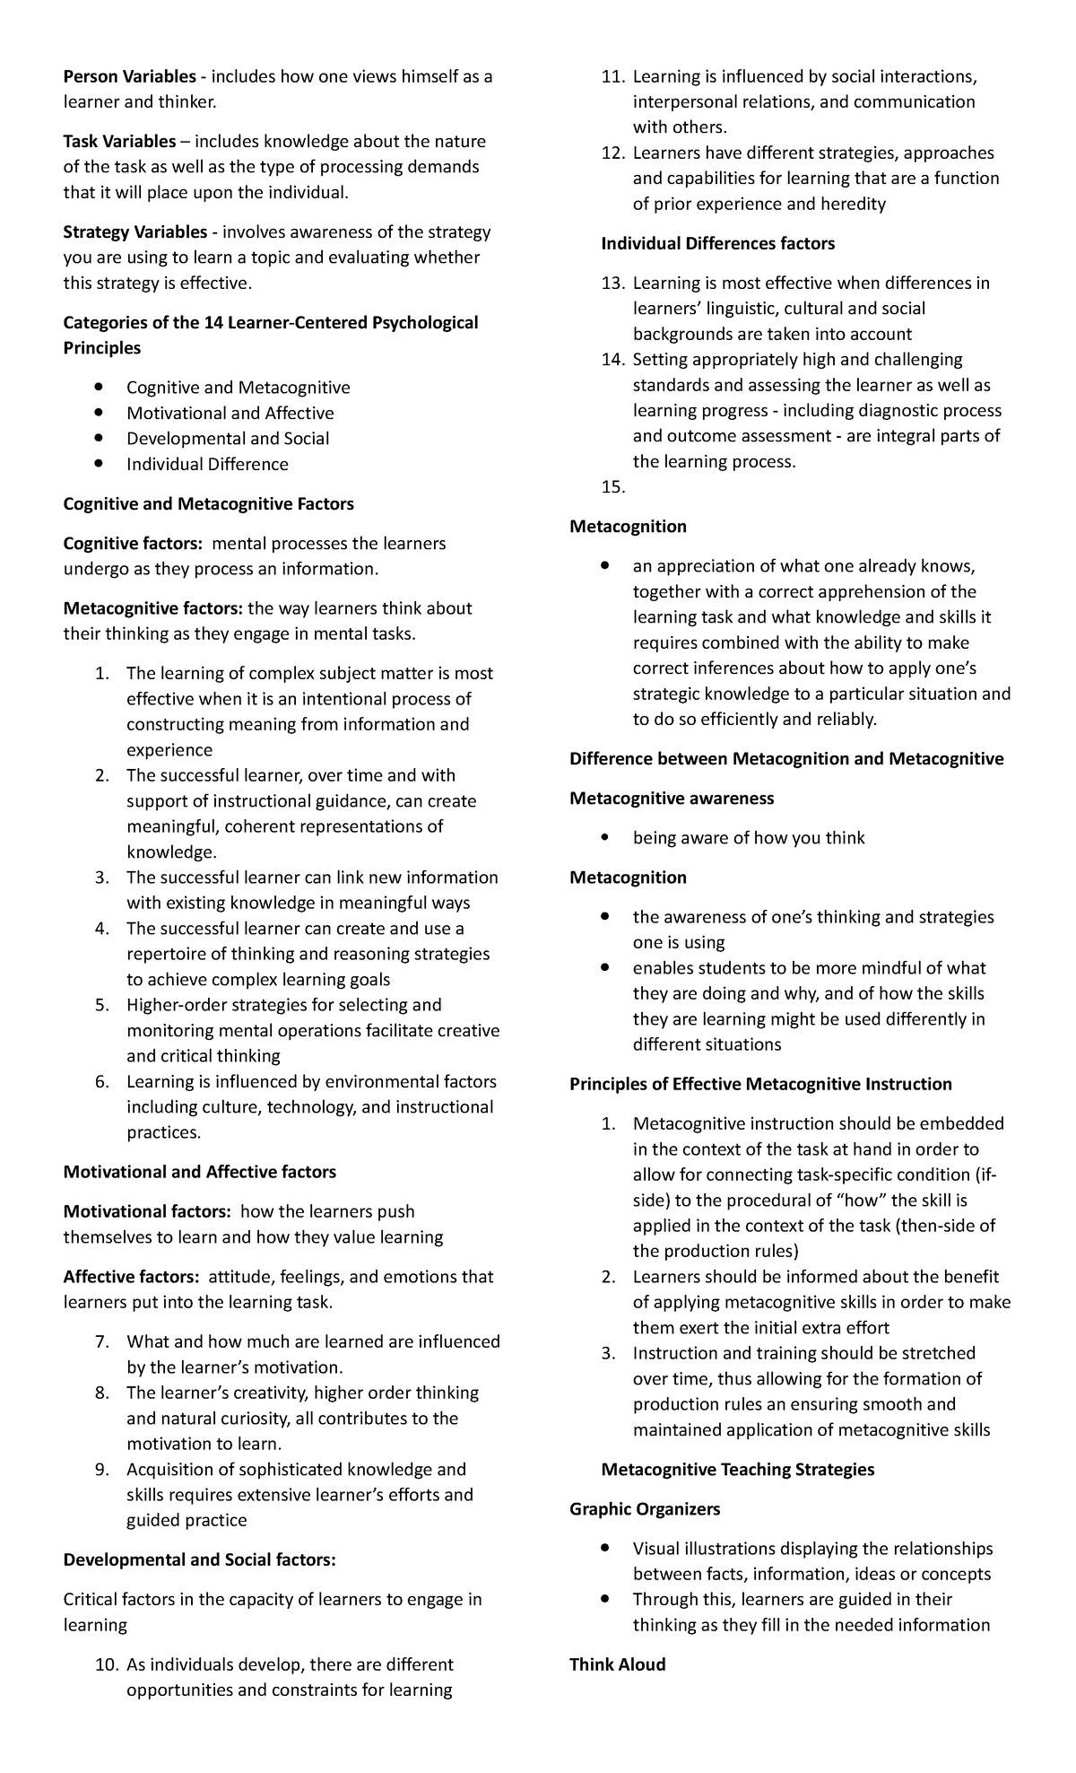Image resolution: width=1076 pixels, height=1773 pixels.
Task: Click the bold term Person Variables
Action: (129, 76)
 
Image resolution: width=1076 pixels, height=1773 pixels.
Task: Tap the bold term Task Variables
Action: (119, 141)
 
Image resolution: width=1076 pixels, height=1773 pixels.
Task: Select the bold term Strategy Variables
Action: (134, 231)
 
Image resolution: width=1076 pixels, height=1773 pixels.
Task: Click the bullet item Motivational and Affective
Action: (230, 413)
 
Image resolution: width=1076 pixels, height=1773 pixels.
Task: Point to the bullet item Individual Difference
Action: (207, 464)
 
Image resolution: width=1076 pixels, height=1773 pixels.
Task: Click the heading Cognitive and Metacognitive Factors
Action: (208, 503)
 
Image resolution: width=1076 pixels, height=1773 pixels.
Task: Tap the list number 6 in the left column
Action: (101, 1081)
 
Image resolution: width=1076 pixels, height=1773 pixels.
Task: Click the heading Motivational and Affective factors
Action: (199, 1172)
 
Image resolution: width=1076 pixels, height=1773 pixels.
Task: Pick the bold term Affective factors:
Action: (131, 1276)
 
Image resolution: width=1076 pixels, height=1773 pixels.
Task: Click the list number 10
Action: (106, 1639)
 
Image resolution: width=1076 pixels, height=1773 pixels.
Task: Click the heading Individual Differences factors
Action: (717, 243)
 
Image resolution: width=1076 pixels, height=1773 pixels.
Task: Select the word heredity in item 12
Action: (853, 204)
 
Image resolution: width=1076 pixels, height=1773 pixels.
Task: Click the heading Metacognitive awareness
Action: (672, 798)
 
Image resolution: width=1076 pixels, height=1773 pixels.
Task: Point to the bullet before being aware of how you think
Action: (607, 838)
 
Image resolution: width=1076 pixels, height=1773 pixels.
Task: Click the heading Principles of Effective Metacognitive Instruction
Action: (760, 1084)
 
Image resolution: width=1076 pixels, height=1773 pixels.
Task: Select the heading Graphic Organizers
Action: (645, 1509)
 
